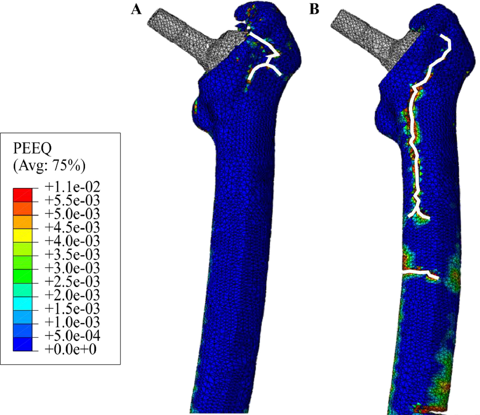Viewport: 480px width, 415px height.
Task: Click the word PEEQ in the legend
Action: pos(32,148)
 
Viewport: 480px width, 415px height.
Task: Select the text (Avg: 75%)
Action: pos(49,166)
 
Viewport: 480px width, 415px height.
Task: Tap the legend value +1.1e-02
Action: pos(72,187)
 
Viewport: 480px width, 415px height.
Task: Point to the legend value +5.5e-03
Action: pos(72,201)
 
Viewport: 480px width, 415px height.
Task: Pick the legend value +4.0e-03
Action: pos(72,241)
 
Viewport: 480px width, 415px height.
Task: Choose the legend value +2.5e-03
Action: pos(72,281)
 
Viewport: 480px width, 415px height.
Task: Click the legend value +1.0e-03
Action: pos(72,322)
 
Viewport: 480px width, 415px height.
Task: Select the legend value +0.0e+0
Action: pos(70,349)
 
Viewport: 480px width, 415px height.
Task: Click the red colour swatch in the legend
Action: pos(22,195)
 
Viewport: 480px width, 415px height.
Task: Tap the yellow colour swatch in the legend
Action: pos(22,235)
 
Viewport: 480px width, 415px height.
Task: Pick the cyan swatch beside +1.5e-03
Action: pos(22,303)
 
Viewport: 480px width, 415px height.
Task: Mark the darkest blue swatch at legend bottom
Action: pos(22,344)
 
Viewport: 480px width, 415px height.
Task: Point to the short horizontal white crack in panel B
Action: pos(419,273)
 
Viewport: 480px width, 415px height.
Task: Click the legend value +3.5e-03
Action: pos(72,254)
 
